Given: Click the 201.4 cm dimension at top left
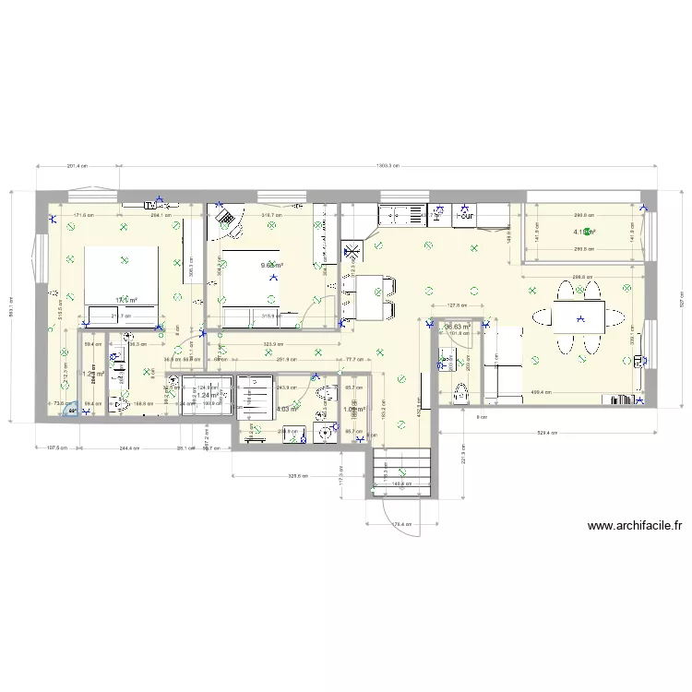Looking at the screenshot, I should click(x=78, y=166).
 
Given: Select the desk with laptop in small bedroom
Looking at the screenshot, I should click(x=224, y=219).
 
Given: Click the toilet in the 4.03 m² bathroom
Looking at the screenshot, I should click(x=323, y=394).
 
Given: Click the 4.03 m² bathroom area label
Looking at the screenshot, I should click(x=287, y=409).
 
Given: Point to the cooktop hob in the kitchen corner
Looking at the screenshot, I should click(x=352, y=252).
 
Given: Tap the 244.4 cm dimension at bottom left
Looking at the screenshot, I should click(x=128, y=448).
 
